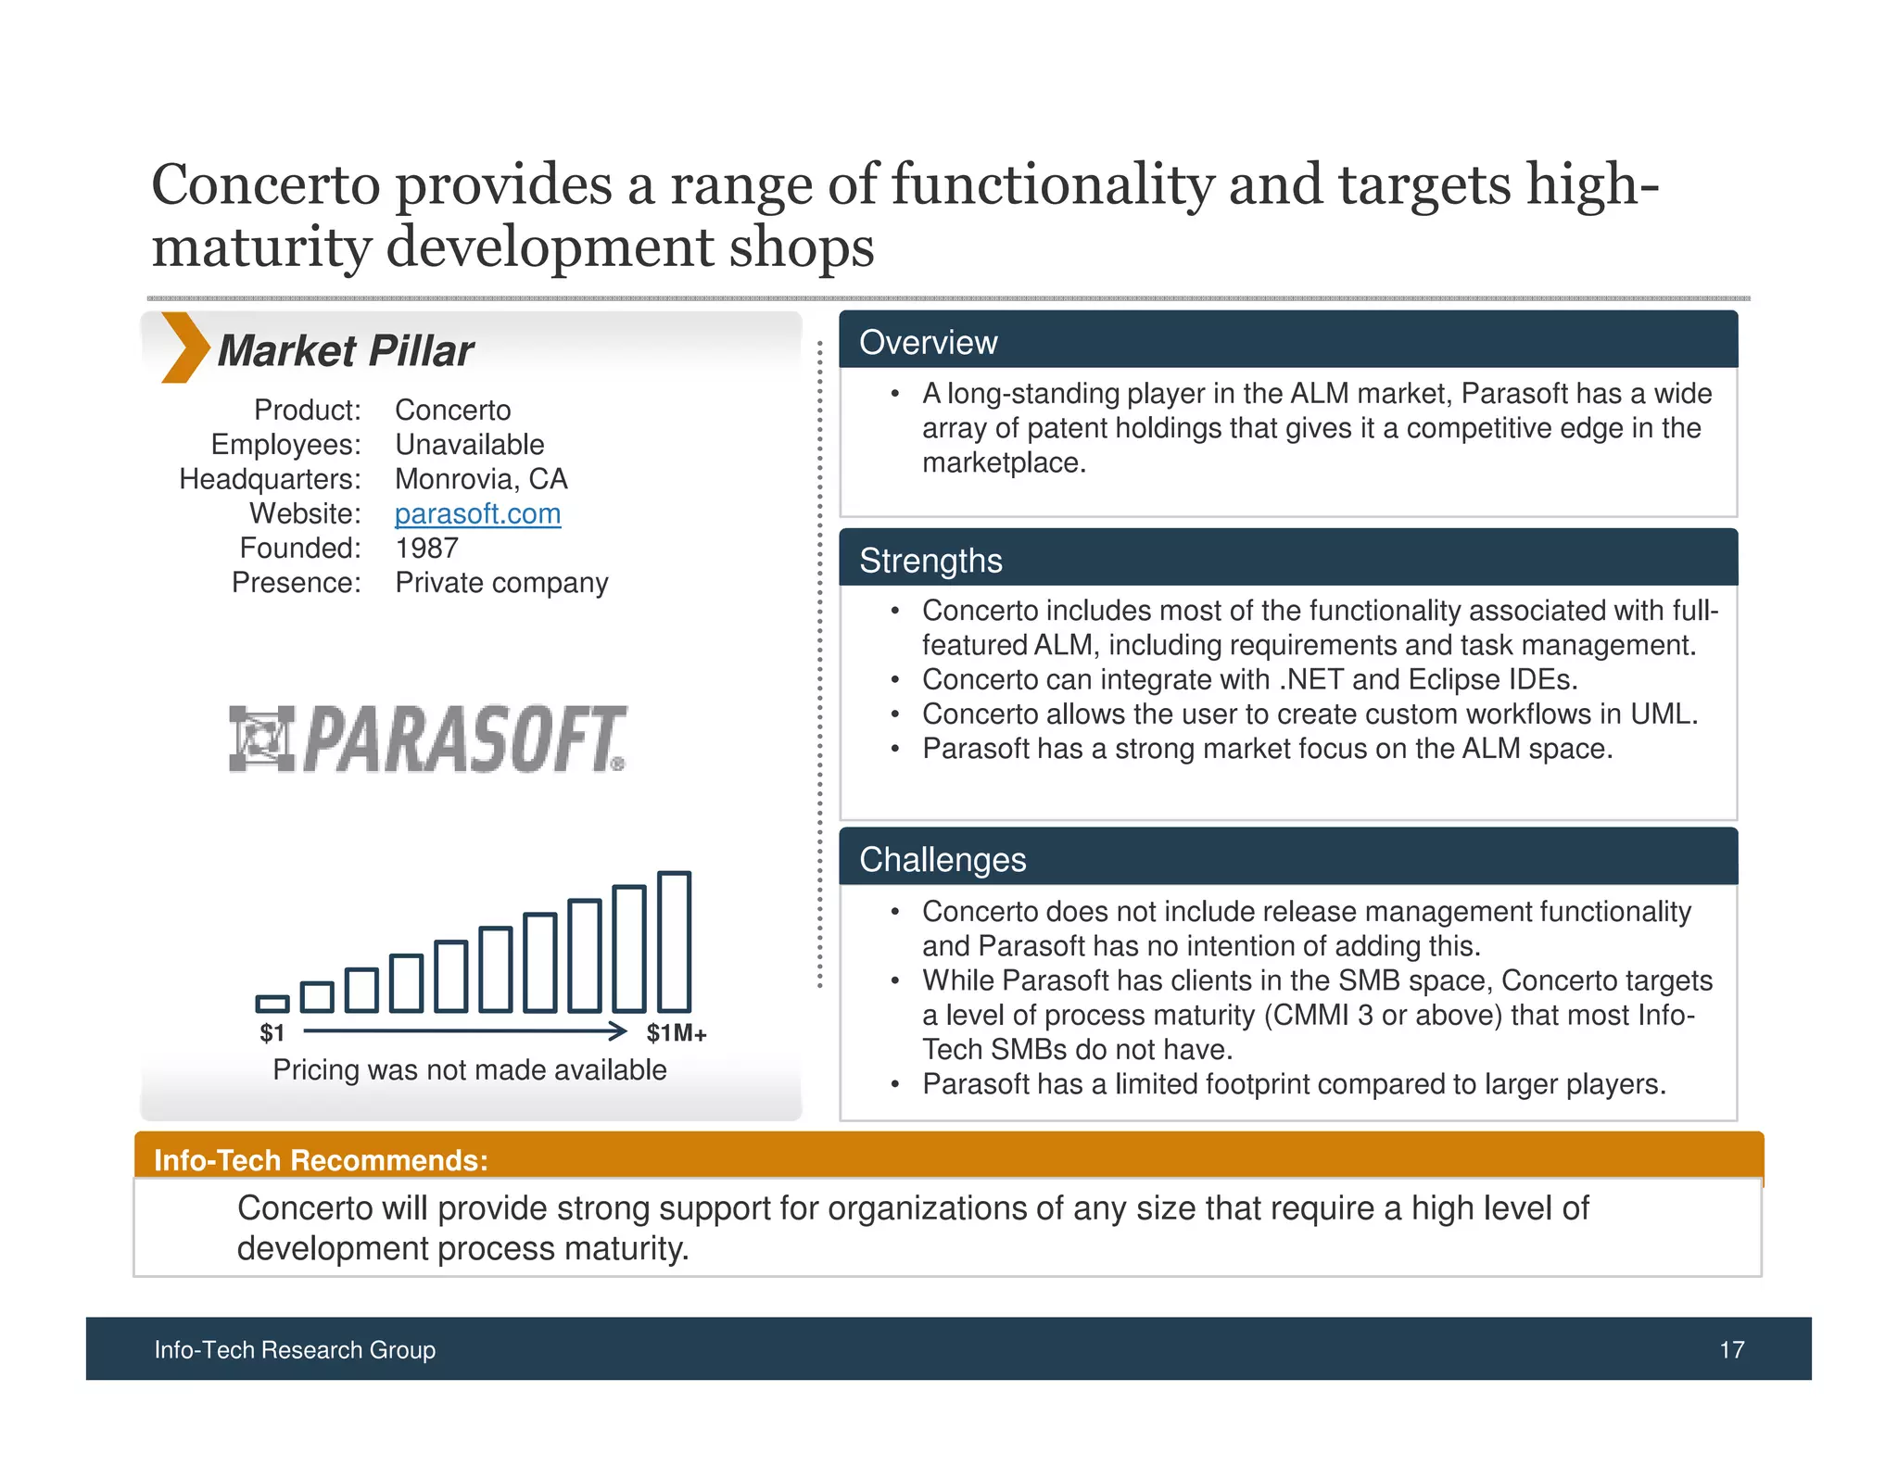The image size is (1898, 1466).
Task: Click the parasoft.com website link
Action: pos(477,513)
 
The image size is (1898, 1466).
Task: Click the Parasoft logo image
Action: pos(427,739)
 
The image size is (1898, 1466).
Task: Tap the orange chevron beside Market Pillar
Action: pos(183,348)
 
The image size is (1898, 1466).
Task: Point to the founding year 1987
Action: pos(426,548)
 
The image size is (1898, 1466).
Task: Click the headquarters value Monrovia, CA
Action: pos(481,479)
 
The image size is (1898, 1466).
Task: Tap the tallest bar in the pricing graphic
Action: pos(674,942)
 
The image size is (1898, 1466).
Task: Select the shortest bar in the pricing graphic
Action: pos(272,1004)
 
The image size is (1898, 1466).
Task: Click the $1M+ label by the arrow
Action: pos(677,1033)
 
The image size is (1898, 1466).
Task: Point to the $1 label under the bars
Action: pos(272,1033)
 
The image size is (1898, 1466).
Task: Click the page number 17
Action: pos(1731,1349)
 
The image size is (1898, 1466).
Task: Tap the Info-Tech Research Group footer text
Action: pos(295,1349)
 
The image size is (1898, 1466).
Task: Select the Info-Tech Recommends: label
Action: pos(321,1160)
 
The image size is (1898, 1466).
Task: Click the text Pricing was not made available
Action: pos(469,1069)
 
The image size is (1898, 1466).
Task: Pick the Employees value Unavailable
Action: pos(469,445)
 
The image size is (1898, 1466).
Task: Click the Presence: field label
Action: pos(296,582)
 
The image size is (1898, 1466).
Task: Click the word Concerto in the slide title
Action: pos(266,184)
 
